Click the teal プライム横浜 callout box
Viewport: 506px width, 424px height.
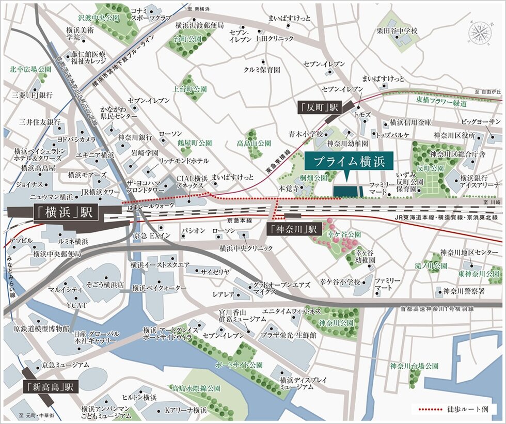348,162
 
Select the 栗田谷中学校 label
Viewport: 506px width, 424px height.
397,31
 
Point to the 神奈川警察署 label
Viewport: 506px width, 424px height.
464,291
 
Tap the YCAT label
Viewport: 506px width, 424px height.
76,305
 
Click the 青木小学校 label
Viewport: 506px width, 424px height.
306,134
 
